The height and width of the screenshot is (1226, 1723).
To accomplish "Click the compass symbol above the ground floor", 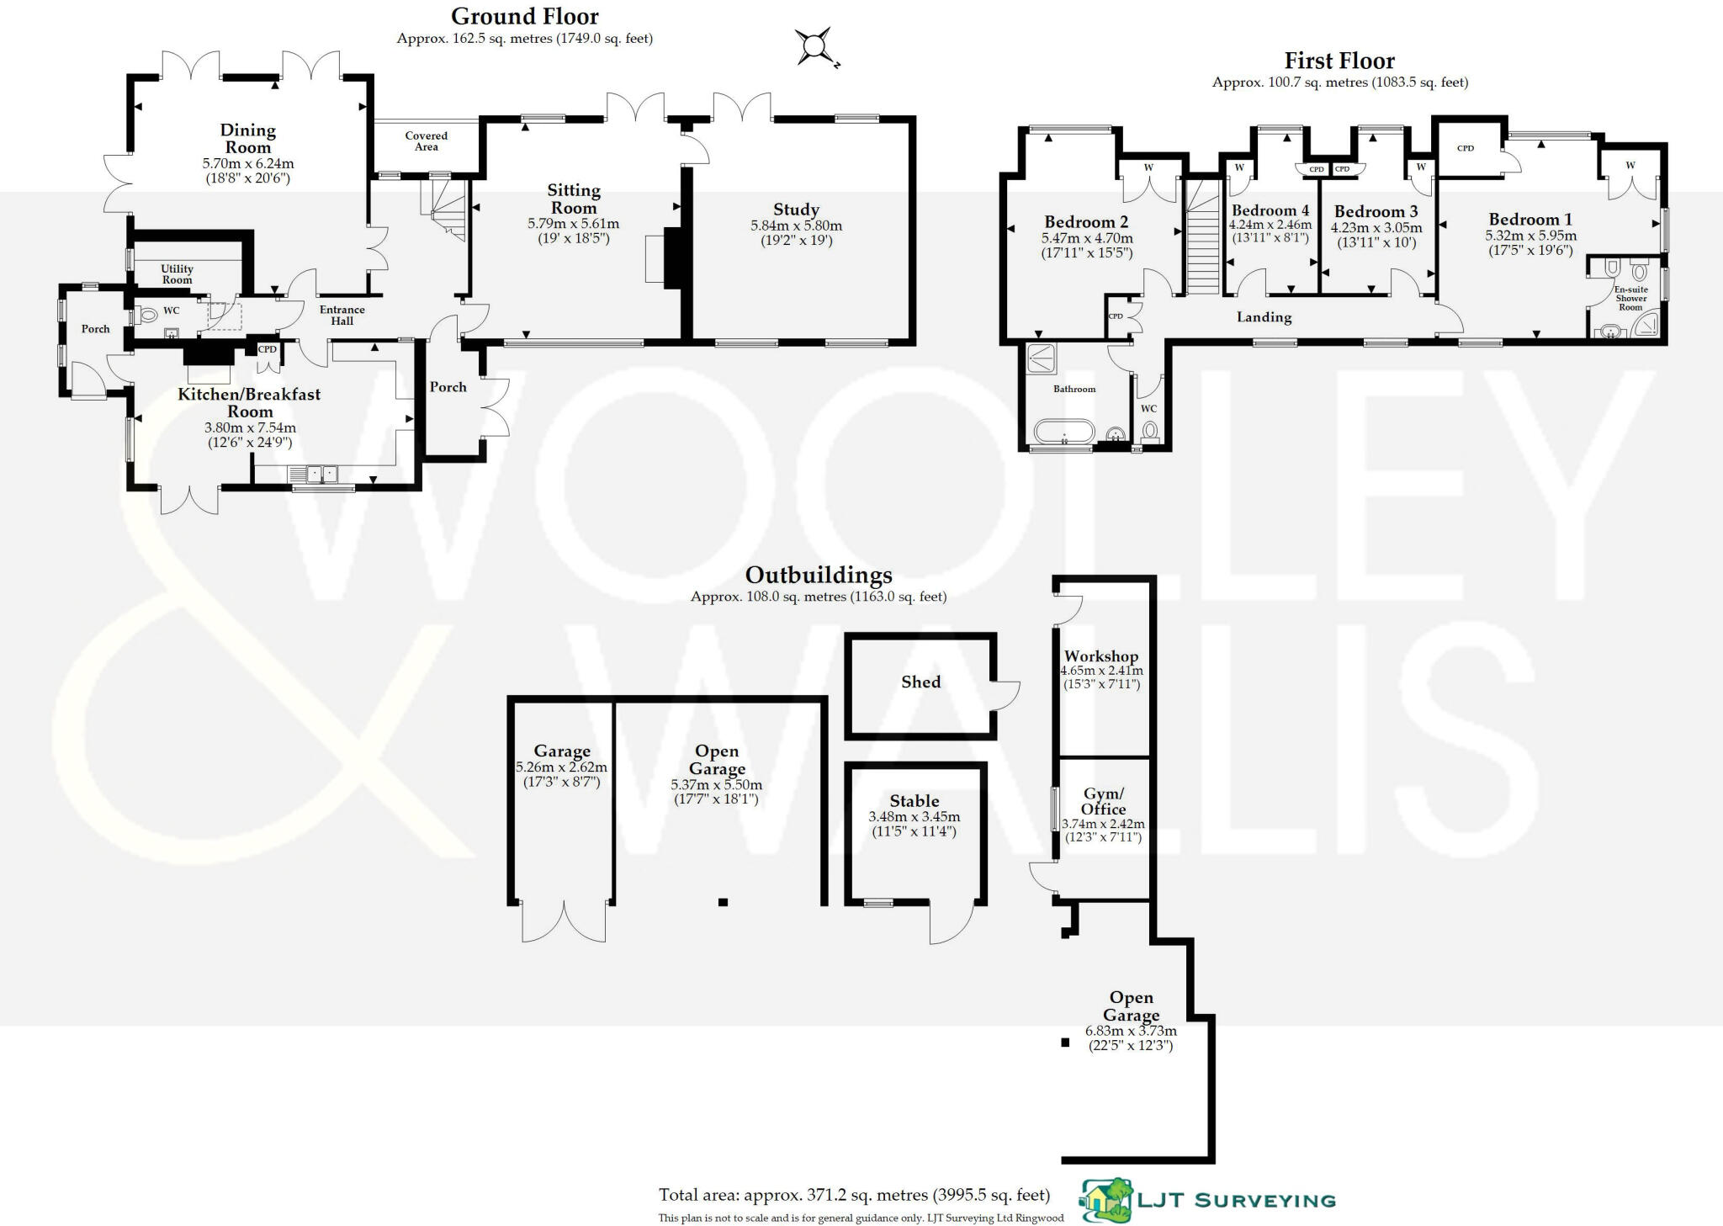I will click(x=814, y=47).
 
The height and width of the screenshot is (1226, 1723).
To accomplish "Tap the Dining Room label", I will click(x=247, y=139).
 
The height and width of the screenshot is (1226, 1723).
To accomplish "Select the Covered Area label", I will click(x=427, y=141).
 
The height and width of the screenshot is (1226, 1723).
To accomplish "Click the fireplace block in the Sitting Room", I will click(x=672, y=257).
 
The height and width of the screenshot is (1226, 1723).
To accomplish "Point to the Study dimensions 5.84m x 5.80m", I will click(x=796, y=226).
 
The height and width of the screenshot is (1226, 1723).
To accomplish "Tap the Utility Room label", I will click(x=177, y=274).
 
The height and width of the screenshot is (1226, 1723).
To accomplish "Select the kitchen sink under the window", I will click(x=321, y=475).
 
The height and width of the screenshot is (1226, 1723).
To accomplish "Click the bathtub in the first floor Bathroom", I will click(x=1063, y=433).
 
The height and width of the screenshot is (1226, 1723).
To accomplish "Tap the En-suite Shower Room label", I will click(x=1630, y=299).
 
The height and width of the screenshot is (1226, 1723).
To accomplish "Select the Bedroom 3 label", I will click(x=1376, y=211).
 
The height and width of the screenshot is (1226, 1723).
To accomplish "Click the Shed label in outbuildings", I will click(x=920, y=682).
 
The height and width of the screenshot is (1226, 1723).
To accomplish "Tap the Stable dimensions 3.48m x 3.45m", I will click(x=914, y=817).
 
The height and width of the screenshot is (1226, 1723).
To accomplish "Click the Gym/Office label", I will click(x=1103, y=801).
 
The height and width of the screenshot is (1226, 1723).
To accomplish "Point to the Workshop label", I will click(x=1100, y=656).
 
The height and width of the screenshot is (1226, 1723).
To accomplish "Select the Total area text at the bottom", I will click(x=854, y=1195).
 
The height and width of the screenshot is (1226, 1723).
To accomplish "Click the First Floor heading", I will click(x=1339, y=61).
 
